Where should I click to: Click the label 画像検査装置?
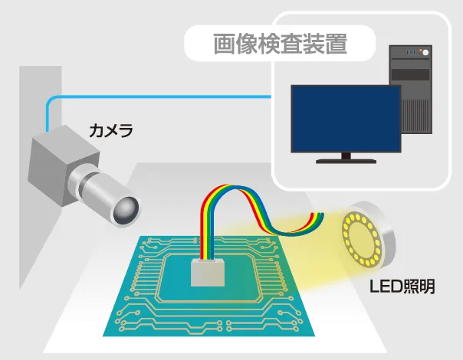click(280, 44)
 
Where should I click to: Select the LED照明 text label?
click(402, 287)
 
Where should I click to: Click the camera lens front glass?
click(128, 208)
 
